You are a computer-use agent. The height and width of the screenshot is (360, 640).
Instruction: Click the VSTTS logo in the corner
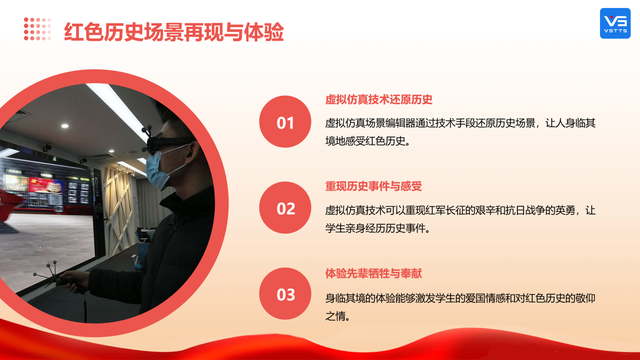(615, 23)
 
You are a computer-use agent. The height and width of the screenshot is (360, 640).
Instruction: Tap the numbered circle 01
(285, 122)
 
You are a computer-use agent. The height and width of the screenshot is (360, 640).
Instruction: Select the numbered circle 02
(285, 208)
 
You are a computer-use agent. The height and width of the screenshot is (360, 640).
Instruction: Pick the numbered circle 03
(285, 294)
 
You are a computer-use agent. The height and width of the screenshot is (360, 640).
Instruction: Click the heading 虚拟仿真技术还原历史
(379, 100)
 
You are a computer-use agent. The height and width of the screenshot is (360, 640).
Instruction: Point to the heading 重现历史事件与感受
(373, 186)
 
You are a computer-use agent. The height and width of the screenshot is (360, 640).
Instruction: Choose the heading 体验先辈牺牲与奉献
(373, 273)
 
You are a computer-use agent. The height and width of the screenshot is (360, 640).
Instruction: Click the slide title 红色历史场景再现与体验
(174, 32)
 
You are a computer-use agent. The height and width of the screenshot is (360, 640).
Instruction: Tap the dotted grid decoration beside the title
(37, 29)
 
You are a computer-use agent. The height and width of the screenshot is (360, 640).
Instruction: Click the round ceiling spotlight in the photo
(65, 126)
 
